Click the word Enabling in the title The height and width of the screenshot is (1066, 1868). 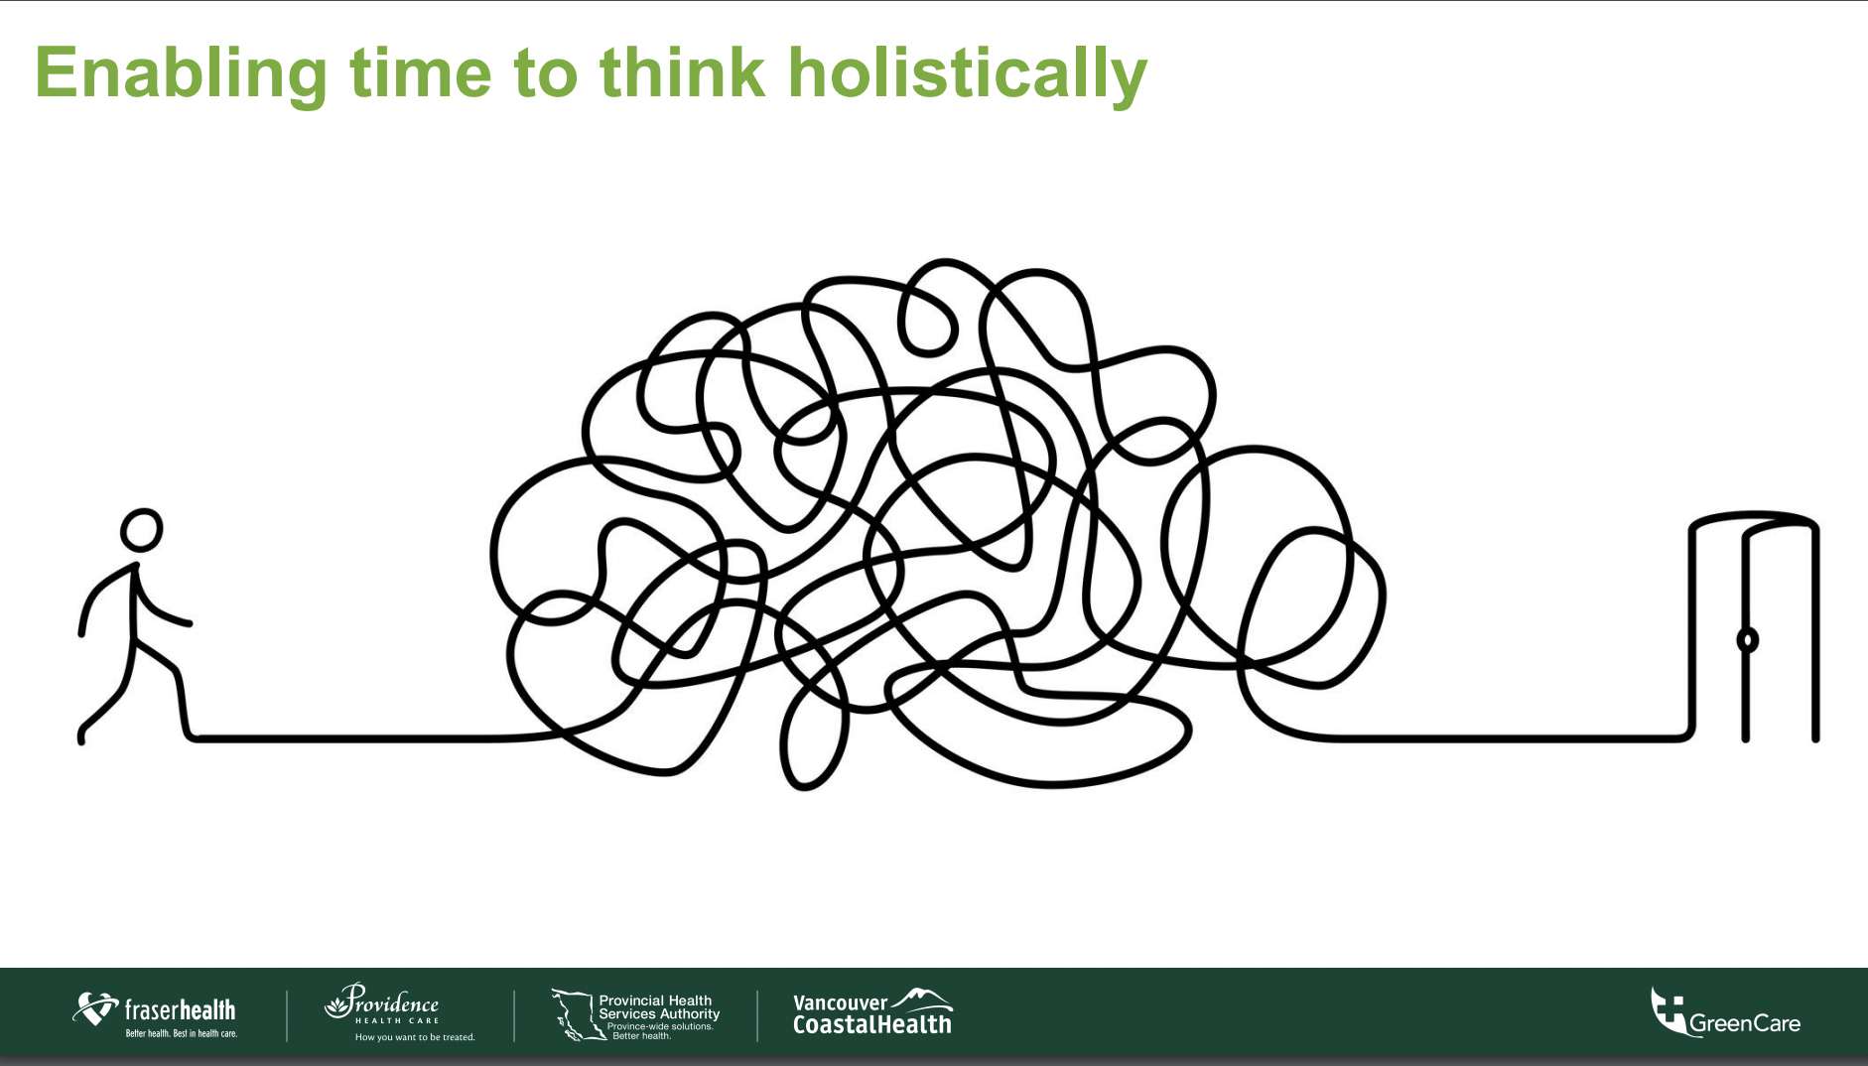pos(182,73)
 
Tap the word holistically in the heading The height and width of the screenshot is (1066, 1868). pos(968,73)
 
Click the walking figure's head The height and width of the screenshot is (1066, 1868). pos(142,530)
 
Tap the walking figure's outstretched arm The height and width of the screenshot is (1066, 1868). pos(161,605)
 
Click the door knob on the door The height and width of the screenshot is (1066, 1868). pos(1747,640)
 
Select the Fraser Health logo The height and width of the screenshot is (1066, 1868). pos(155,1014)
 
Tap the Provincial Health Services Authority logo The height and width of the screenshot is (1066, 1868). pos(635,1014)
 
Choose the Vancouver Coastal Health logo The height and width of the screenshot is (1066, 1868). pos(872,1012)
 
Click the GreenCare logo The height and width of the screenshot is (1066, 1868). pos(1725,1012)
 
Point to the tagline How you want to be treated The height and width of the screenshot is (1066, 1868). pos(415,1037)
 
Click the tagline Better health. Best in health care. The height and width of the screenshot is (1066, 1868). pos(182,1033)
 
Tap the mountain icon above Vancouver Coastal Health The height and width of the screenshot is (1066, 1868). pos(922,999)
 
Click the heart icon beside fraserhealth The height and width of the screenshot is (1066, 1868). pos(95,1009)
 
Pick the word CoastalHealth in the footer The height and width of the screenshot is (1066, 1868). pos(871,1023)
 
